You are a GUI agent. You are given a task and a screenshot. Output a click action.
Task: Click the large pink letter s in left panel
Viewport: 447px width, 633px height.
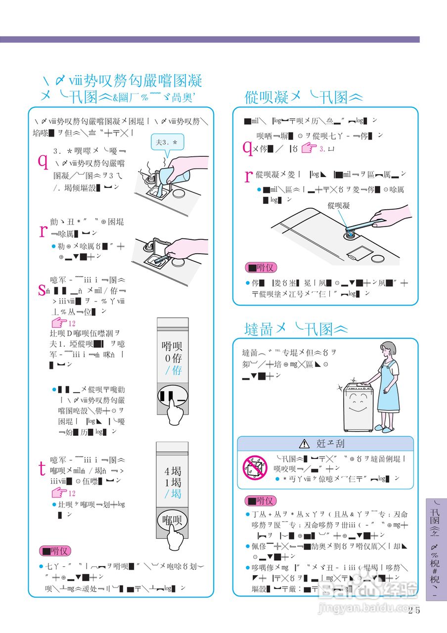pos(42,290)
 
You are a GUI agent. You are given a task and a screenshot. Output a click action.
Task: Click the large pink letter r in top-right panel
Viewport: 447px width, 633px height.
pos(249,175)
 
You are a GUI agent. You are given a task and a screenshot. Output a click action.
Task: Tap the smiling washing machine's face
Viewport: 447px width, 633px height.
pos(358,405)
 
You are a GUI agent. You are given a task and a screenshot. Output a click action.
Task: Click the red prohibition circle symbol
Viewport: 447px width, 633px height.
pos(255,466)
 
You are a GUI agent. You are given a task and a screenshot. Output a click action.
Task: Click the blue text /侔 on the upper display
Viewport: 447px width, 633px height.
pos(173,370)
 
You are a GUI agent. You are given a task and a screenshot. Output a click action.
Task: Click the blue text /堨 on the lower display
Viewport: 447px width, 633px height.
pos(173,494)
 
